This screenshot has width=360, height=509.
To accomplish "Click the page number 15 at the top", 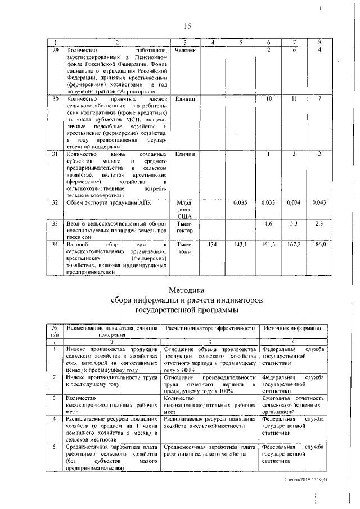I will click(x=188, y=25).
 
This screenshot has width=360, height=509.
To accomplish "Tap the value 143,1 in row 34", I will click(x=240, y=245).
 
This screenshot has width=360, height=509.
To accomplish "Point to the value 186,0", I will click(x=319, y=245).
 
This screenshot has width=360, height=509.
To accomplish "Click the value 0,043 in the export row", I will click(x=319, y=202).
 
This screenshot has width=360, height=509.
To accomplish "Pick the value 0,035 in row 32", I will click(x=240, y=202).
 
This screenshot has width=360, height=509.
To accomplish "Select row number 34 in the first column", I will click(x=55, y=245).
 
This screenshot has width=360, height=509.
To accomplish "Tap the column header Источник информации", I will click(x=292, y=328).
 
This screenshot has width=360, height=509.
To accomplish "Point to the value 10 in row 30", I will click(x=269, y=98).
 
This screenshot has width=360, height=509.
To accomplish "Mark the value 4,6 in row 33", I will click(x=269, y=224).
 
